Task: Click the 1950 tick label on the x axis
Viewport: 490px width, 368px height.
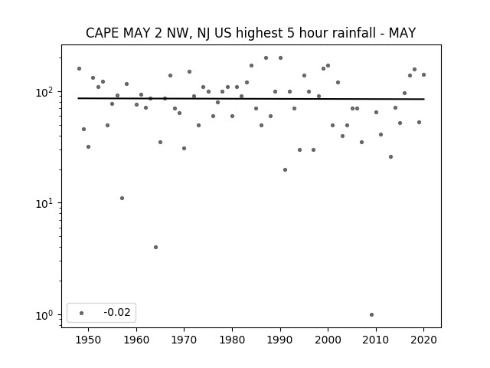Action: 89,340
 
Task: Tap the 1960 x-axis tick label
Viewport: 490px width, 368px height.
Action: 136,340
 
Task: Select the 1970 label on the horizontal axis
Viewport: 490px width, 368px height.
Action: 184,340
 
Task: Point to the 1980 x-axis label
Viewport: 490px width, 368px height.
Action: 232,340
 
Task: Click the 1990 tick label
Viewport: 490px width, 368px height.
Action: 280,340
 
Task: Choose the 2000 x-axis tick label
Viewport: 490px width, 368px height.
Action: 328,340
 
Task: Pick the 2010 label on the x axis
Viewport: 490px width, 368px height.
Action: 376,340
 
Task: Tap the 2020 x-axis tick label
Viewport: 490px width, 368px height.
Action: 423,340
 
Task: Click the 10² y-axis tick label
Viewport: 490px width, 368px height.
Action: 46,92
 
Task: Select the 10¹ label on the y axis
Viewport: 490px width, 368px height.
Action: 46,204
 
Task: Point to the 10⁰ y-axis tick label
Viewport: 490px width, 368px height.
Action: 46,315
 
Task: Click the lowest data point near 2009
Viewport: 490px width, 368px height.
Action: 371,315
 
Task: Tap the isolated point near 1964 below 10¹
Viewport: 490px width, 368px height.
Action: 155,247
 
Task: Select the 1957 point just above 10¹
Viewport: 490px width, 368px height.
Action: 122,198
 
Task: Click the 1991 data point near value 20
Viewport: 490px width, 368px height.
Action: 285,170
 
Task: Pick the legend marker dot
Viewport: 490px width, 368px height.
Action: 82,313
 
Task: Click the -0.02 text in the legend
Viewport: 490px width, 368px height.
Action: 117,312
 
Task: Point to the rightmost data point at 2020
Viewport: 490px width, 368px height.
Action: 423,75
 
